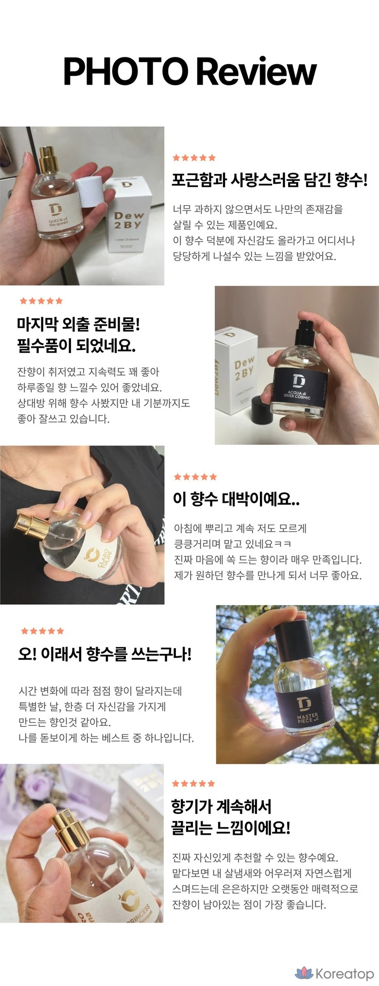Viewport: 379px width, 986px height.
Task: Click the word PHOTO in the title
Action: click(x=126, y=71)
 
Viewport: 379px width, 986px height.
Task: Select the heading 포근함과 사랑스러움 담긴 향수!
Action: click(x=270, y=180)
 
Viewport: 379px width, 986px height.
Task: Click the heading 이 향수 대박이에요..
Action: click(x=237, y=499)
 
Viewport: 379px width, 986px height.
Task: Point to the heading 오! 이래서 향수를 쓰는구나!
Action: click(x=105, y=653)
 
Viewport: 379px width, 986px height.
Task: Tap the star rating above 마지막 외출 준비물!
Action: click(x=41, y=301)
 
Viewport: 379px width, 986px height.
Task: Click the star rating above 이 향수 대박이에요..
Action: click(x=195, y=477)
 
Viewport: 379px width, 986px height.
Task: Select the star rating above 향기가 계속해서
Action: click(x=193, y=783)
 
